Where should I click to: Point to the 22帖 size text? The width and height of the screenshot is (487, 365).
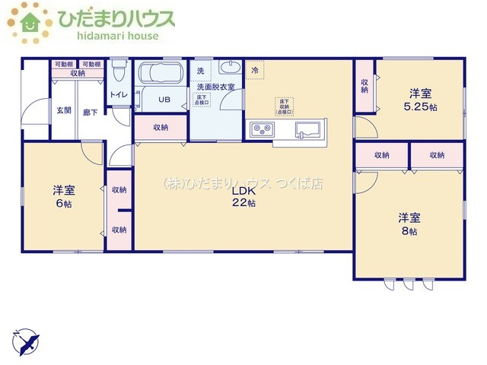(243, 203)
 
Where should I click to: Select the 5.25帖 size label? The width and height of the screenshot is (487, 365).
(422, 107)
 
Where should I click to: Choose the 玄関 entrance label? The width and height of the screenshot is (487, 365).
(63, 110)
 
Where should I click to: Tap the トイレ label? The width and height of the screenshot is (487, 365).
(119, 94)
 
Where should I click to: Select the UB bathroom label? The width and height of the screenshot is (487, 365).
(164, 100)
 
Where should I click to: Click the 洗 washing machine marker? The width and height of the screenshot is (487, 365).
(200, 71)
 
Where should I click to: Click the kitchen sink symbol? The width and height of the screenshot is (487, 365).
(308, 128)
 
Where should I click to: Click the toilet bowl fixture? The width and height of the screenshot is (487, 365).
(118, 74)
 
